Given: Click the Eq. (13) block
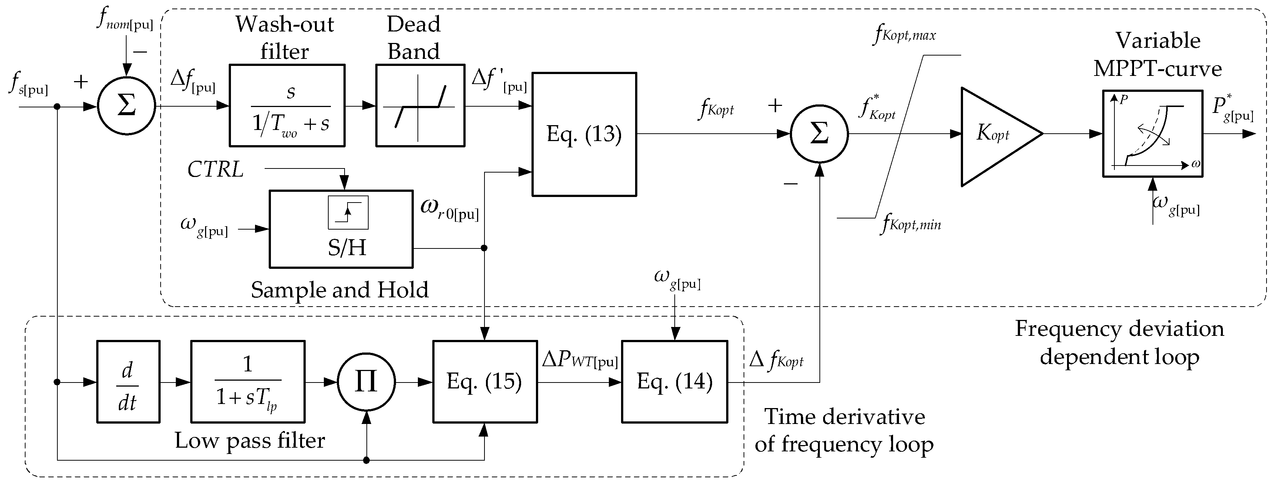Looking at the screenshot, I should [x=584, y=134].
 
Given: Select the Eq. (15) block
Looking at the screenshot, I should [x=485, y=381].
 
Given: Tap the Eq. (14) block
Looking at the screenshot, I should [x=674, y=381].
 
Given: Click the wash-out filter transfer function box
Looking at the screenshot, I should [x=287, y=105].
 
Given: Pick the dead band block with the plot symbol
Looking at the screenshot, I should [x=420, y=105].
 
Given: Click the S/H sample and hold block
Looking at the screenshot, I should [x=341, y=229].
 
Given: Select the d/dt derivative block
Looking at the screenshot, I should [x=128, y=381].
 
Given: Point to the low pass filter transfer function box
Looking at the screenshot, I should [x=248, y=381].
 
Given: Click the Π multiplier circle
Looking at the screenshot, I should [x=366, y=382].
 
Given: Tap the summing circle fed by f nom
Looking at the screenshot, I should [x=127, y=106].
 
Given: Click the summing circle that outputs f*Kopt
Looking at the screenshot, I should [x=819, y=134].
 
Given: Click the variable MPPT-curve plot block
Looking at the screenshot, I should [x=1153, y=133].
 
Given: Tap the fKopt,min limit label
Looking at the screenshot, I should [x=911, y=224].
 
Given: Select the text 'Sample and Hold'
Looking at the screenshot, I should [x=339, y=290].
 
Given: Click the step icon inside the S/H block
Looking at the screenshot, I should [x=348, y=213].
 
